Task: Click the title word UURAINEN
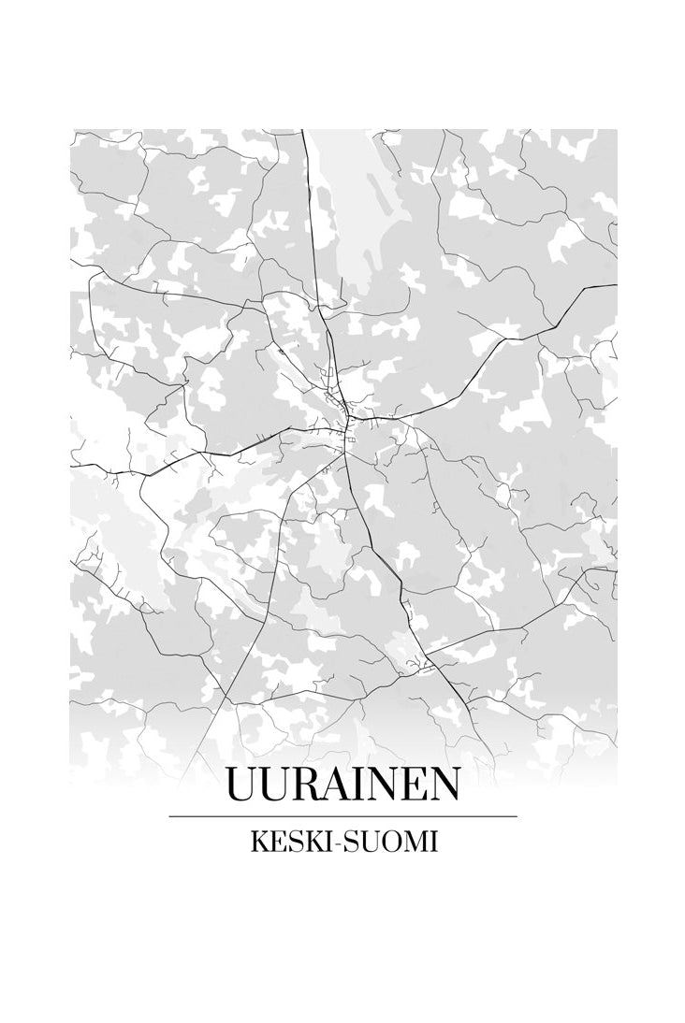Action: click(342, 785)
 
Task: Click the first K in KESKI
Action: click(258, 842)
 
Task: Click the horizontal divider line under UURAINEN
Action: click(342, 816)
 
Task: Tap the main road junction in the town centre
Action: click(346, 417)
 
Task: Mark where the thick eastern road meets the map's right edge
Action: click(616, 284)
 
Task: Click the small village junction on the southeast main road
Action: click(421, 666)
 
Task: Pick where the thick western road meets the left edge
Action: click(72, 465)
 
